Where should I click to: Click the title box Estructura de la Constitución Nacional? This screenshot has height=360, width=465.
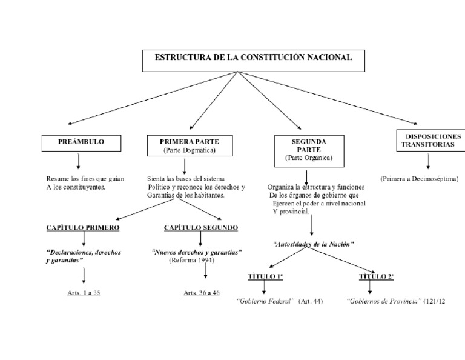(254, 59)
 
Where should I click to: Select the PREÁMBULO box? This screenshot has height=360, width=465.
(81, 142)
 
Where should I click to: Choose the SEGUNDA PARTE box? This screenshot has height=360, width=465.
(309, 149)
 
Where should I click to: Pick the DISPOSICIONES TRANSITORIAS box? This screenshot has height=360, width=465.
(430, 141)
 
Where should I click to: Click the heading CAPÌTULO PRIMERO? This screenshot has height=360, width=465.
(82, 228)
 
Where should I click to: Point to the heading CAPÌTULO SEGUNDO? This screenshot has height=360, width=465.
(200, 228)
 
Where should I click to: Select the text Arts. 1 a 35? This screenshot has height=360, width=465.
(84, 293)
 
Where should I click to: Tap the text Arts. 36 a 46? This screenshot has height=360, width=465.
(202, 293)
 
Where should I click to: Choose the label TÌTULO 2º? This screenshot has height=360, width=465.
(377, 276)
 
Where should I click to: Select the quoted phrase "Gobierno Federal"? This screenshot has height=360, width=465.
(265, 301)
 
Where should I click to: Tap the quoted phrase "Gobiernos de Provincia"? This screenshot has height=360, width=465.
(384, 301)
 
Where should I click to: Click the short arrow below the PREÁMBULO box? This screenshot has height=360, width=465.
(79, 161)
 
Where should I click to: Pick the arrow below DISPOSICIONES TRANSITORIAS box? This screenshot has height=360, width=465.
(429, 161)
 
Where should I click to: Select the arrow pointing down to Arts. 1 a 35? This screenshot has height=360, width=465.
(84, 276)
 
